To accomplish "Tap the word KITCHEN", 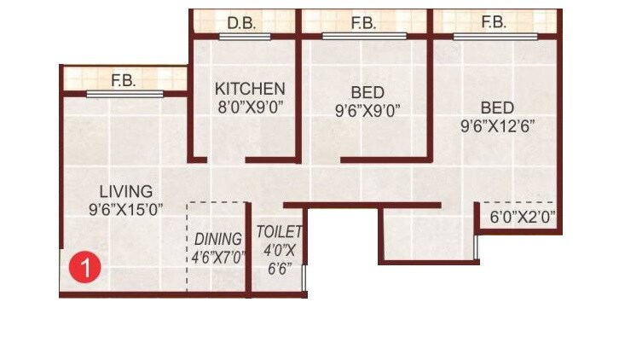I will [x=249, y=89].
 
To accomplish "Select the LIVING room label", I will [x=125, y=191].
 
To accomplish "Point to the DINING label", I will [x=217, y=239].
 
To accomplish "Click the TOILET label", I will [x=280, y=231].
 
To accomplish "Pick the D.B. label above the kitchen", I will [x=245, y=23].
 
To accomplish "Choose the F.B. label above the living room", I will [x=124, y=81].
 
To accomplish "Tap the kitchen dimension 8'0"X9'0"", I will [x=249, y=107].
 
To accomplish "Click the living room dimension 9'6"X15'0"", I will [x=125, y=209].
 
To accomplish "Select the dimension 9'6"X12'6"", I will [x=497, y=127].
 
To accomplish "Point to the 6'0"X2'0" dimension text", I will [x=522, y=218].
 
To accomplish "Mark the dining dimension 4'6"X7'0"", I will [x=217, y=256].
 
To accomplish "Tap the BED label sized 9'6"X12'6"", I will [x=497, y=108].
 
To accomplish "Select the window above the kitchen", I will [x=245, y=36].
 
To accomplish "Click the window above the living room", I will [x=124, y=93].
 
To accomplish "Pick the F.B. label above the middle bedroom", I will [x=363, y=23].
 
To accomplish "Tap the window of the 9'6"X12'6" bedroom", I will [x=495, y=36].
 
